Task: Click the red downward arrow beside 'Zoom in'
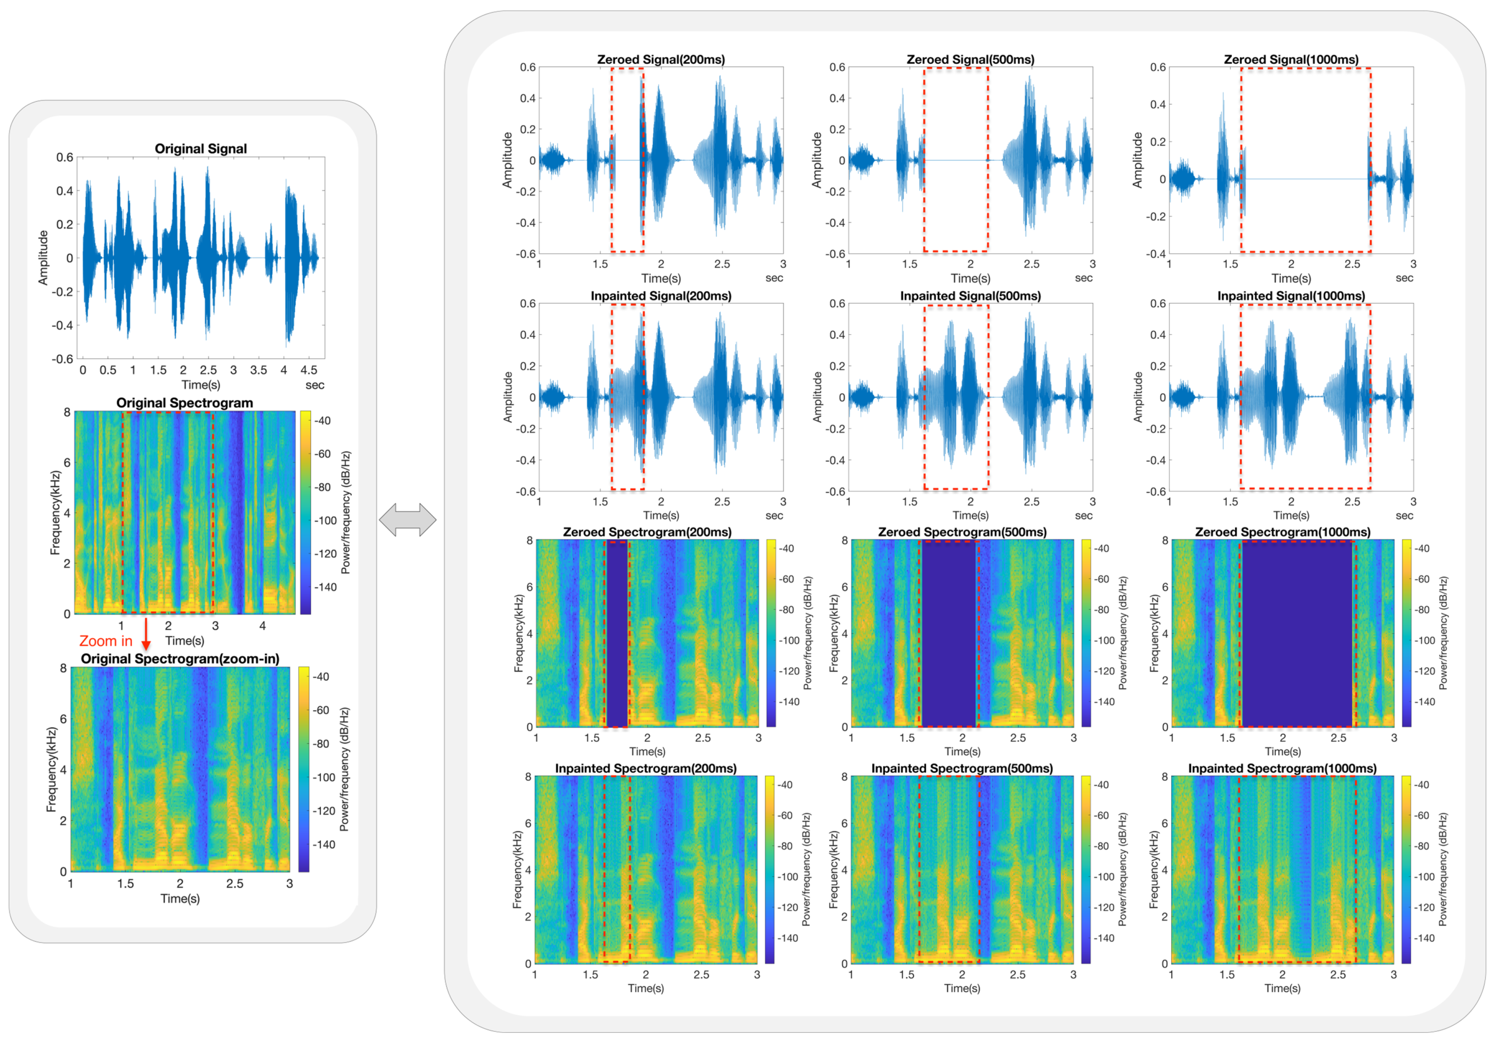pos(146,634)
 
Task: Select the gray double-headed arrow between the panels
pos(408,520)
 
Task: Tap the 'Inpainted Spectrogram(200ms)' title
pos(646,768)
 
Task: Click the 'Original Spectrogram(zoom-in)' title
pos(180,659)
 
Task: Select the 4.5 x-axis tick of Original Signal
pos(309,370)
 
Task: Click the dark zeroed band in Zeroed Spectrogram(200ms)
pos(617,633)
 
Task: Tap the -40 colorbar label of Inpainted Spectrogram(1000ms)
pos(1424,785)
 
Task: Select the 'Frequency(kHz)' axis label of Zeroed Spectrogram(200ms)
pos(519,633)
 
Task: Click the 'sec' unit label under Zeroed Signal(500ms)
pos(1083,278)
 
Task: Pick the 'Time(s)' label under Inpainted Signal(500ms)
pos(971,516)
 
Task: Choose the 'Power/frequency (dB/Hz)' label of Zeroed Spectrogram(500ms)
pos(1123,633)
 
